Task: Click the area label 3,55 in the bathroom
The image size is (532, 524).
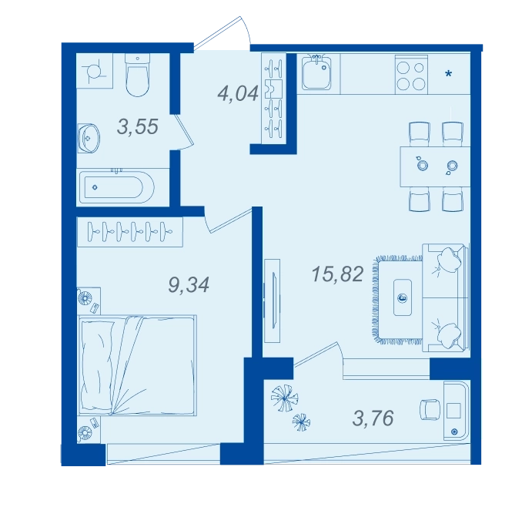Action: [x=137, y=126]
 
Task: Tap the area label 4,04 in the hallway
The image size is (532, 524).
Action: [x=238, y=93]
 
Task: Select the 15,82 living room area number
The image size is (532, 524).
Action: [x=337, y=274]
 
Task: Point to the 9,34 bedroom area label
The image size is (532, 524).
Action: [x=189, y=284]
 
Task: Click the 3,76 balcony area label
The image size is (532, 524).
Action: [x=373, y=418]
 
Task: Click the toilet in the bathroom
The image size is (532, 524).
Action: [x=137, y=75]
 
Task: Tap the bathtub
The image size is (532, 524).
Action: [x=117, y=187]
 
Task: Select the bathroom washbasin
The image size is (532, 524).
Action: [x=89, y=138]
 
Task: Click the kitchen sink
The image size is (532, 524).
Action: [x=316, y=72]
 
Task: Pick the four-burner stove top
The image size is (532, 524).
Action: [x=411, y=75]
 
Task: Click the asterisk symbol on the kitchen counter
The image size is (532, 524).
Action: [x=449, y=73]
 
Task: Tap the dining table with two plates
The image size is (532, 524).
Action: [x=435, y=166]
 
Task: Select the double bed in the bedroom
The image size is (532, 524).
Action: [x=137, y=365]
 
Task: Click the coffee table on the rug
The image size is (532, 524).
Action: [x=403, y=297]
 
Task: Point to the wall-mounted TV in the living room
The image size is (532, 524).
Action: [x=273, y=301]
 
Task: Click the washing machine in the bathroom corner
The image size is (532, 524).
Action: [x=95, y=71]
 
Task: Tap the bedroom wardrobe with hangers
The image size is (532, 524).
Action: [x=130, y=232]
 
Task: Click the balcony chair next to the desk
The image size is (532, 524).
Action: [x=430, y=410]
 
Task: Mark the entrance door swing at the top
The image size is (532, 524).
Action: [x=223, y=33]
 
